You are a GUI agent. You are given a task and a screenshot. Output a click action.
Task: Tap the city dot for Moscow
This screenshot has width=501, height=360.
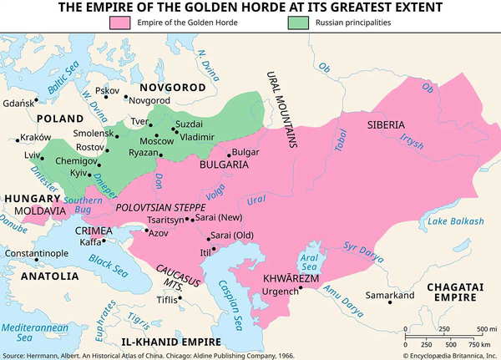pos(168,134)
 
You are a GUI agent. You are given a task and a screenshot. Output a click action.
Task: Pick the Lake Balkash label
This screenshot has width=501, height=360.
pos(454,221)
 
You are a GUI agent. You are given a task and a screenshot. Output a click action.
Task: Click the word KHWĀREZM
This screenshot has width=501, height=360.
pos(287,276)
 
